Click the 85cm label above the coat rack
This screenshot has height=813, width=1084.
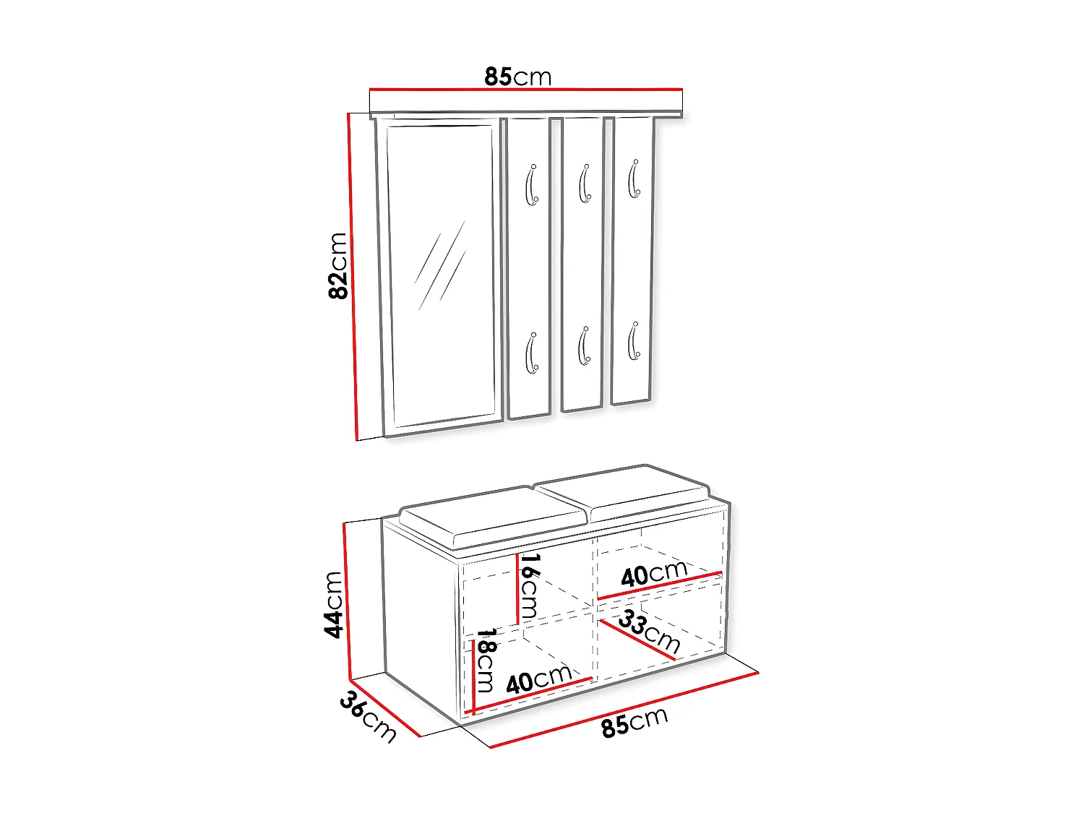point(517,77)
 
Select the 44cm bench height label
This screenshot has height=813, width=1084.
point(333,605)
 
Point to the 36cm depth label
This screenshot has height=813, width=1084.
point(368,717)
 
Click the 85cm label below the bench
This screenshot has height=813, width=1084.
point(635,722)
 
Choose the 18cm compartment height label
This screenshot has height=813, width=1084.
point(485,660)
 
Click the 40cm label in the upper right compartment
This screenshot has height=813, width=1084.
point(654,574)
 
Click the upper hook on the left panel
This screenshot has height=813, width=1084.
point(531,184)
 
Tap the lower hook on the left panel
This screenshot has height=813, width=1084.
point(531,353)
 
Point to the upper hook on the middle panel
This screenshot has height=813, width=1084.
point(585,183)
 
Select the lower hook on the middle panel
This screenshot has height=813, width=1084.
point(584,346)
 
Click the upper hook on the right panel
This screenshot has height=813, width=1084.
point(634,178)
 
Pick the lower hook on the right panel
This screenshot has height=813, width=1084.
point(634,340)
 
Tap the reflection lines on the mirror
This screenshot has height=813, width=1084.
point(441,265)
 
